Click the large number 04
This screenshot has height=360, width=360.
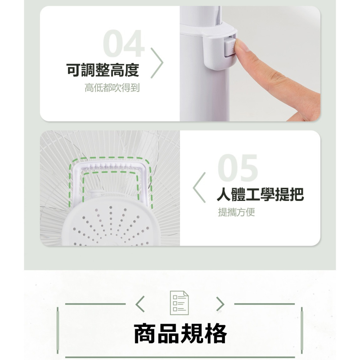(x=124, y=44)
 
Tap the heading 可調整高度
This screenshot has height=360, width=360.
(x=103, y=70)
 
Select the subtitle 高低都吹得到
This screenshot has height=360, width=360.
(x=112, y=88)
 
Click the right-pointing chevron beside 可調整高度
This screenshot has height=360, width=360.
(x=157, y=63)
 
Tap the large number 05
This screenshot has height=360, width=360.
(x=238, y=168)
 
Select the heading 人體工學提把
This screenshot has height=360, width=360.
(x=260, y=194)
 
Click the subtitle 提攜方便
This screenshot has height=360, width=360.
(x=236, y=212)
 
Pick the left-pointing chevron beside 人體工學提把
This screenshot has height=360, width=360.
(x=199, y=188)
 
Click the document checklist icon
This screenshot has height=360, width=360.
(x=179, y=303)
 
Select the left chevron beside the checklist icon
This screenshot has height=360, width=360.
(x=140, y=304)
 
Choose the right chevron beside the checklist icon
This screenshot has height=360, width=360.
(x=220, y=304)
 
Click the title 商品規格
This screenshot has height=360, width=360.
(x=180, y=333)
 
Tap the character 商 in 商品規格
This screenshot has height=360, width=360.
(x=145, y=333)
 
